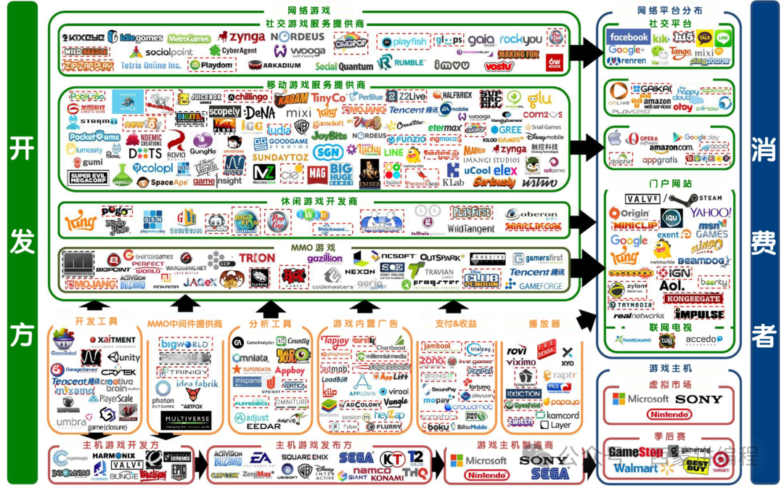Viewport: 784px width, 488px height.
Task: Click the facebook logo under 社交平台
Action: tap(629, 36)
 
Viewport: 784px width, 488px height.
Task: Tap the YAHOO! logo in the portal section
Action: tap(711, 213)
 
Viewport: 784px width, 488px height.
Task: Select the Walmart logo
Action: tap(637, 468)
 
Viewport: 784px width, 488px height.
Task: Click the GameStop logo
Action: tap(636, 452)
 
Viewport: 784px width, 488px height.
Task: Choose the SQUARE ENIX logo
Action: tap(305, 457)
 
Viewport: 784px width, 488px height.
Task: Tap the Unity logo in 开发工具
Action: tap(126, 357)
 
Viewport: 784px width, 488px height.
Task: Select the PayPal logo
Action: tap(480, 370)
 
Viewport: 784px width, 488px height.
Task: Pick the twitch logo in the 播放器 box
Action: tap(520, 422)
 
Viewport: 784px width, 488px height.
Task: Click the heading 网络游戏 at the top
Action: tap(309, 10)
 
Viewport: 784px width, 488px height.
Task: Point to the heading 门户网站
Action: tap(671, 184)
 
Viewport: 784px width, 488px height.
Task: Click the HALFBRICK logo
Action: tap(452, 95)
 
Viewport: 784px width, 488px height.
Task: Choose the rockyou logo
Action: tap(520, 39)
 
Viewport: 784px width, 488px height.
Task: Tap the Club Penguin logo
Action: tap(481, 280)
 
